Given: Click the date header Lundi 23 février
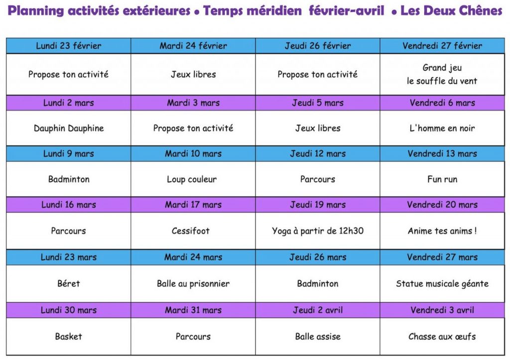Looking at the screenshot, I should coord(69,46).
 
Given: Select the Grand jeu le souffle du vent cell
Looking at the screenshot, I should coord(442,74).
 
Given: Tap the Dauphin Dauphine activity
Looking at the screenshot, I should coord(69,128).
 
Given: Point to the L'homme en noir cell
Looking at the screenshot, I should coord(442,128).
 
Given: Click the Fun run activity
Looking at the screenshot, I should coord(442,179).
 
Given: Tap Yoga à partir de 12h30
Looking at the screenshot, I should coord(318,231).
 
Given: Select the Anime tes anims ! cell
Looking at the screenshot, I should coord(442,231).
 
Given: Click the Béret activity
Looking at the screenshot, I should coord(69,284).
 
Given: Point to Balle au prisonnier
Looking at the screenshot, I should coord(193,284).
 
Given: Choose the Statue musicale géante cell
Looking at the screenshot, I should coord(442,284).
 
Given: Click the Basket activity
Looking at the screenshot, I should coord(69,337).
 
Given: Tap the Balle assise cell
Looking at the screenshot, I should coord(318,337).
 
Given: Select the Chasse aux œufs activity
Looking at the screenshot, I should coord(442,337).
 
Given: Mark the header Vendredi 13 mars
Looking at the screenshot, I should coord(442,154).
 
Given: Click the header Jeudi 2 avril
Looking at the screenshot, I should coord(318,310).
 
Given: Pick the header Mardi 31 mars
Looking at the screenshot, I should coord(193,310).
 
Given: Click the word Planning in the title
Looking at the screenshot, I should coord(32,11).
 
